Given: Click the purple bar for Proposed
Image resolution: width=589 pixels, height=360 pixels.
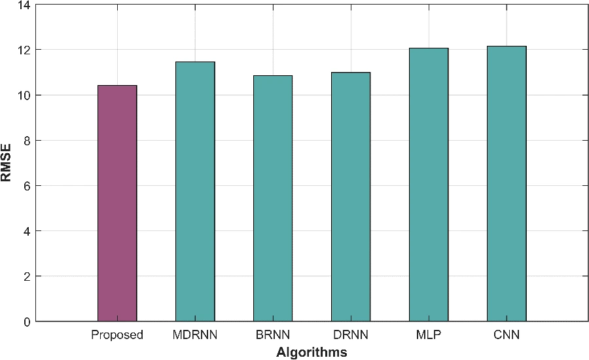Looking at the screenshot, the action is [x=117, y=204].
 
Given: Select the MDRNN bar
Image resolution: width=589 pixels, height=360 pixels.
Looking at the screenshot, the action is [x=195, y=192].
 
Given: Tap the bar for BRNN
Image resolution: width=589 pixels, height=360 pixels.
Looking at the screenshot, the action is [x=273, y=198].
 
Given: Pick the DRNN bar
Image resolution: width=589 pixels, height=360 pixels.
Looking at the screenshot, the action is [x=351, y=197].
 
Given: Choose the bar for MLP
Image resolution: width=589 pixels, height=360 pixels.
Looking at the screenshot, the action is [x=429, y=185].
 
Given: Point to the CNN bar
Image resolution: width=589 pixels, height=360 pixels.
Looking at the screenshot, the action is [x=507, y=184].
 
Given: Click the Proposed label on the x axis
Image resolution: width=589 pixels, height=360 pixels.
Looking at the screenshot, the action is [x=117, y=335].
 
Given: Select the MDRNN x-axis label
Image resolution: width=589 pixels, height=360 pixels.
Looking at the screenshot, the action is [x=195, y=334].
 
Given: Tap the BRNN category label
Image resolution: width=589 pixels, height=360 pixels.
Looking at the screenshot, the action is [x=273, y=334].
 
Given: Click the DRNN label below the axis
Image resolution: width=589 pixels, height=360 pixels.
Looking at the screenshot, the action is [x=351, y=334].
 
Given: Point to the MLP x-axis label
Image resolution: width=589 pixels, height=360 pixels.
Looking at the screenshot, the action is [x=429, y=334].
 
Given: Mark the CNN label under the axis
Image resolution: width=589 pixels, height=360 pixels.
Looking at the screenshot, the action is [x=507, y=334].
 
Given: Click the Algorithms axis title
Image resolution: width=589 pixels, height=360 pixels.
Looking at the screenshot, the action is [x=312, y=353].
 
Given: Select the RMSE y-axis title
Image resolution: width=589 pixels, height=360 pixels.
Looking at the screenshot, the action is [x=6, y=163].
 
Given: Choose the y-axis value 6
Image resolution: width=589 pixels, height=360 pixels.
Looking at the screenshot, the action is [x=26, y=186].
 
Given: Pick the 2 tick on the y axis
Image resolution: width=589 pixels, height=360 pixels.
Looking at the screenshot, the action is [x=26, y=277].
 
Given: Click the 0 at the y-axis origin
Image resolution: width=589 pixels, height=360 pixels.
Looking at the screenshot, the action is [x=26, y=322].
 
